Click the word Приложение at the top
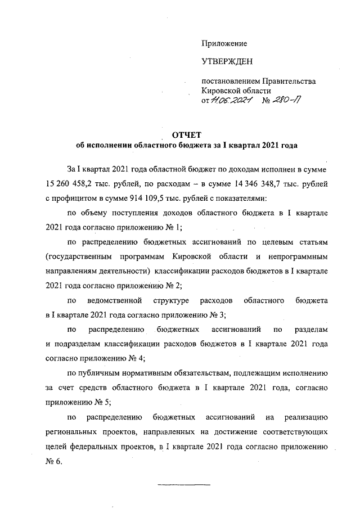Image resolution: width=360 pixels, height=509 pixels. (x=224, y=43)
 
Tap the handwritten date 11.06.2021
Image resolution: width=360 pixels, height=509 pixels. (x=231, y=100)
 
